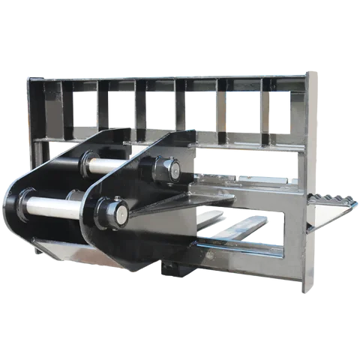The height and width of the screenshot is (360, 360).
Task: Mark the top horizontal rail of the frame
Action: (x=165, y=76)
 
